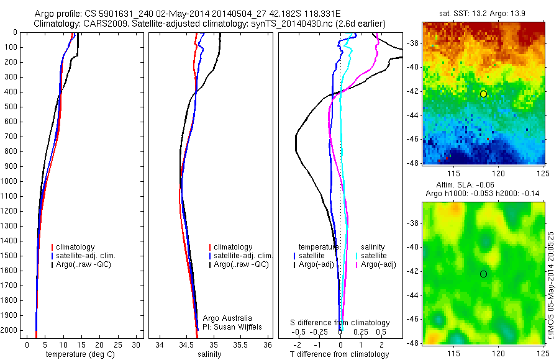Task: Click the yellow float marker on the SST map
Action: coord(483,94)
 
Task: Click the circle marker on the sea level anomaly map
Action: coord(483,274)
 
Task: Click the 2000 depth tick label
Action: coord(11,330)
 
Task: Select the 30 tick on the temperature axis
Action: coord(136,344)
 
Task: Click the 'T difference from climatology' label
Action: coord(339,354)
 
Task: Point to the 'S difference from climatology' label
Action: coord(340,323)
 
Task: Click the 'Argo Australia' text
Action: coord(227,318)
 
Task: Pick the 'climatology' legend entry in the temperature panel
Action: coord(73,247)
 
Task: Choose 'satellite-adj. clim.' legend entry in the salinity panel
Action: coord(243,256)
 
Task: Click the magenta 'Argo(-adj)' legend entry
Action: coord(378,264)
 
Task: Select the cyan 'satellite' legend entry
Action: coord(373,256)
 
